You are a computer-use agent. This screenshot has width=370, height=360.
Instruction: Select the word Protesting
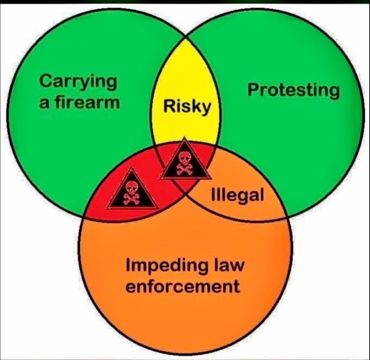pyautogui.click(x=293, y=91)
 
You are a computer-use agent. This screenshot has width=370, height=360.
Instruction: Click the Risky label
pyautogui.click(x=187, y=107)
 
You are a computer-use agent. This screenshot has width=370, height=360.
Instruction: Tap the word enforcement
pyautogui.click(x=183, y=287)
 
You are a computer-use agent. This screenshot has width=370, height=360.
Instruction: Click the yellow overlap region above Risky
pyautogui.click(x=186, y=71)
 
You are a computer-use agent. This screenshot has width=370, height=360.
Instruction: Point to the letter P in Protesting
pyautogui.click(x=254, y=90)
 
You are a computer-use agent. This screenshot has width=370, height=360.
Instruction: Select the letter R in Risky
pyautogui.click(x=170, y=106)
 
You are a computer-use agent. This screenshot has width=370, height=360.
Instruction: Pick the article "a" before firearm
pyautogui.click(x=44, y=104)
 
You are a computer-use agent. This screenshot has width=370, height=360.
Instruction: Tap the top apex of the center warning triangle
pyautogui.click(x=184, y=137)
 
